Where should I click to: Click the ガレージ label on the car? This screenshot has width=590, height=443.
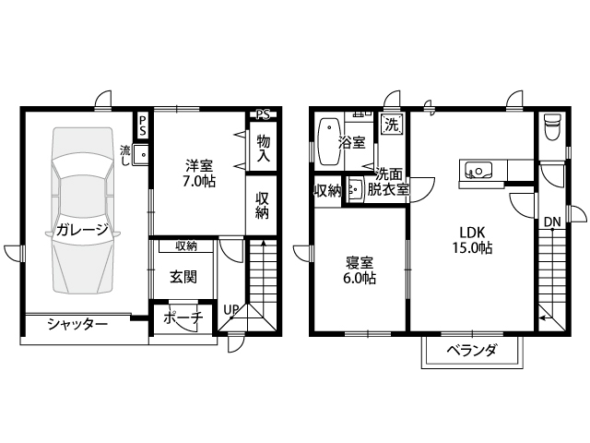[82, 229]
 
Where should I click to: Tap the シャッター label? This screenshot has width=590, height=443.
[77, 324]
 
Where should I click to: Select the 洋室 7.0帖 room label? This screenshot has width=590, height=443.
[199, 174]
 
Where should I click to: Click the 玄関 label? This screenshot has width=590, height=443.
[183, 278]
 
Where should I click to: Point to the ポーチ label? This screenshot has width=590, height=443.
[183, 317]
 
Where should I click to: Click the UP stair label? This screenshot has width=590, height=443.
[231, 310]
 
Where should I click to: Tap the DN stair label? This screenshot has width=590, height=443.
[552, 222]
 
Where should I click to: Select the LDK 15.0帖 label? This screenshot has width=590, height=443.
[472, 240]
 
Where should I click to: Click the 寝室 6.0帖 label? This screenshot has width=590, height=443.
[359, 269]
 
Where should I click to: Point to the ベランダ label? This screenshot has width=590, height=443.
[471, 351]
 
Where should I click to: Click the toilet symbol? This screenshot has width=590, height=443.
[552, 127]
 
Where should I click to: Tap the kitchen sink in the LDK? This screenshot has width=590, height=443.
[478, 170]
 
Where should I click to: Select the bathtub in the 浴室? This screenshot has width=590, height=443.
[330, 141]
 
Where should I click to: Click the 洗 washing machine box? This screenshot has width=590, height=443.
[391, 125]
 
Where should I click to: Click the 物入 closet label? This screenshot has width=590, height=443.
[264, 148]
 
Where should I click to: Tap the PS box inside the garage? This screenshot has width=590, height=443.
[143, 126]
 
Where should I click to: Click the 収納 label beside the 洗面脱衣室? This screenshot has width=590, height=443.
[327, 191]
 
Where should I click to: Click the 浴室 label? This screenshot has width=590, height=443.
[352, 142]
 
